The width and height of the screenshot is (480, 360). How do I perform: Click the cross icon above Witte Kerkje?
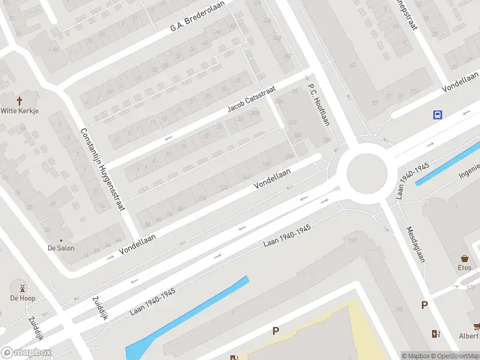19,101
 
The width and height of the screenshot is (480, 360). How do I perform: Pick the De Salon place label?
61,247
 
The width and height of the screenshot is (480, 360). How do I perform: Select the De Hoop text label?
23,298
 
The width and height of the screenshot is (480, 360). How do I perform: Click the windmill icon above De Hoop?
23,287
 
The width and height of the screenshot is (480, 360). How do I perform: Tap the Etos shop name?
464,268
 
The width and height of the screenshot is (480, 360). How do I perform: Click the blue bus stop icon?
438,115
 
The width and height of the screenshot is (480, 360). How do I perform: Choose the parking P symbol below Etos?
425,305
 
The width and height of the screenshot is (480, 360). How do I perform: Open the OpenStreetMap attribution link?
454,356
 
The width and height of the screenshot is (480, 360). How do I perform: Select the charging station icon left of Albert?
436,334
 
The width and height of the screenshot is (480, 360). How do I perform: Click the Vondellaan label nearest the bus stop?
459,84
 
